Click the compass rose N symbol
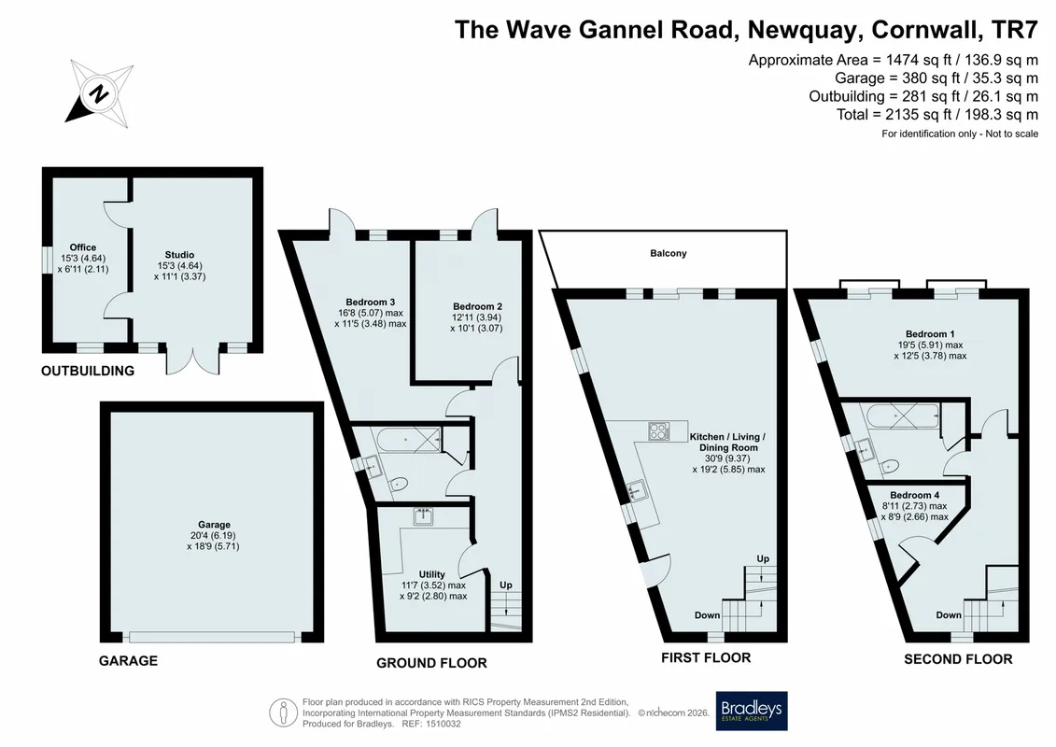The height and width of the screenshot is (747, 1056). [x=99, y=93]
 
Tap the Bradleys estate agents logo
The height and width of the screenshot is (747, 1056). [x=751, y=712]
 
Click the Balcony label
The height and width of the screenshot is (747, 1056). [x=669, y=253]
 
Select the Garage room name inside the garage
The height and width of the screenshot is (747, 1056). [x=214, y=524]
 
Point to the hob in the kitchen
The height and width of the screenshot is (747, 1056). [x=658, y=431]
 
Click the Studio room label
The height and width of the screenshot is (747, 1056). [x=179, y=255]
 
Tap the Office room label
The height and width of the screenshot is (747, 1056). [x=83, y=247]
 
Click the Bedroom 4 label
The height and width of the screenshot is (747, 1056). [x=915, y=495]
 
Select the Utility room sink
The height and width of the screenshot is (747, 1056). [x=424, y=516]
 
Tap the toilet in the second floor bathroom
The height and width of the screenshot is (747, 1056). [x=889, y=466]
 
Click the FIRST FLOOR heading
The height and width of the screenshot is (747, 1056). [x=706, y=657]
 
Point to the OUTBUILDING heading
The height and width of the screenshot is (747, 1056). [x=88, y=371]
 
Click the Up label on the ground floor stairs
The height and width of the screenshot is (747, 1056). [x=506, y=585]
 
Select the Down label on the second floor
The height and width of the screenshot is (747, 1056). [x=949, y=615]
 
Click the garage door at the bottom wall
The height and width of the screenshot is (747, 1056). [x=212, y=637]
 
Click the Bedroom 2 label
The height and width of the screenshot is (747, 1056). [x=477, y=306]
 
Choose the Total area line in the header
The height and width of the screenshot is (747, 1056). [x=937, y=115]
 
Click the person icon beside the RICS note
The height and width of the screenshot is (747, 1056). [x=284, y=713]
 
